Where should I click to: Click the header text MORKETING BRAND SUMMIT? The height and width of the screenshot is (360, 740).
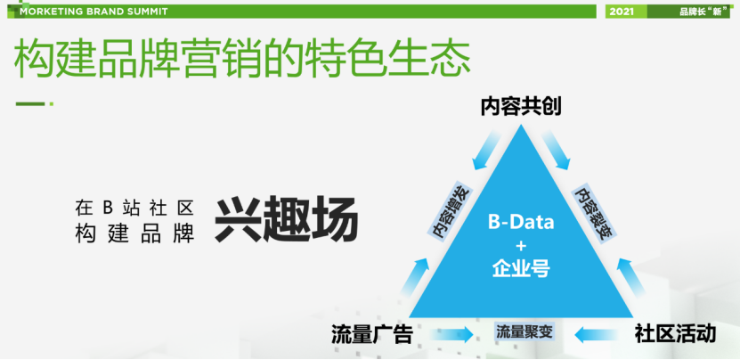click(94, 12)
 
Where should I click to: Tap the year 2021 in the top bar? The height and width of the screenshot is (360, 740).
click(622, 12)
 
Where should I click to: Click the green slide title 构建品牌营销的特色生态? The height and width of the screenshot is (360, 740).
click(242, 60)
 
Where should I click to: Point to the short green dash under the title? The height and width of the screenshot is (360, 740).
click(30, 104)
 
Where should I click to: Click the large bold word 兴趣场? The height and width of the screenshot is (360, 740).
click(287, 219)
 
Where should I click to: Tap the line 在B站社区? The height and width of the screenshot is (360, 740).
click(134, 207)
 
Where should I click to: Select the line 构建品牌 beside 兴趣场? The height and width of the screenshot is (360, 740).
click(134, 234)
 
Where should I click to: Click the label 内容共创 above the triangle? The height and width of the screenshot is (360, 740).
click(521, 107)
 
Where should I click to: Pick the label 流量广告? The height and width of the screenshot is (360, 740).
click(372, 334)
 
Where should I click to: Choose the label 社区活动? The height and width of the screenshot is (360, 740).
click(675, 333)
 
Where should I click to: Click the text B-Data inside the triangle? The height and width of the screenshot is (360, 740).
click(521, 222)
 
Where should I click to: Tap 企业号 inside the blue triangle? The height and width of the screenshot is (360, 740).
click(521, 269)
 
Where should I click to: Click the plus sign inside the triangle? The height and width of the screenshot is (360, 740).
click(521, 246)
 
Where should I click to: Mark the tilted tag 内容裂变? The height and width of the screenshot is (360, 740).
click(592, 213)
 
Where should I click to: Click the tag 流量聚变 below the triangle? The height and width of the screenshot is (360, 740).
click(524, 331)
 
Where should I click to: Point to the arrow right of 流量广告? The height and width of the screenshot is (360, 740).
click(452, 335)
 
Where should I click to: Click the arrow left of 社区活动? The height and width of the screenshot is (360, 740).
click(596, 335)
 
